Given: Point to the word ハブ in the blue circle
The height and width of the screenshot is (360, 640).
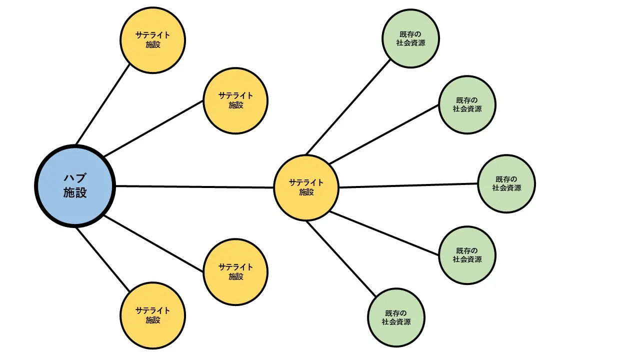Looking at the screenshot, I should pos(75,178).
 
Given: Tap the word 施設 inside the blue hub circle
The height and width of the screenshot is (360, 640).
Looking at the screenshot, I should pos(75,193).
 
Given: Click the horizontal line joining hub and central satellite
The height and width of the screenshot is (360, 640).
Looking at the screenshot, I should pos(195,187).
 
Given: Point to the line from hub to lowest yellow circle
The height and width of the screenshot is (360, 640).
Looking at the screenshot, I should pos(102,259).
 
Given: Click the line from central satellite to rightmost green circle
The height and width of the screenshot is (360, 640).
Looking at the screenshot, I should pos(407,185).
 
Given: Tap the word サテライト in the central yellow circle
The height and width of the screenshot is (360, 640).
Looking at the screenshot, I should pos(306,182).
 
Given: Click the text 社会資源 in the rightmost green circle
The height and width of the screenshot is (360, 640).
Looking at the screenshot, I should pos(506,188).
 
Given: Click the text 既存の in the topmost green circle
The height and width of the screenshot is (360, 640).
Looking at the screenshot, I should pos(410,34).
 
